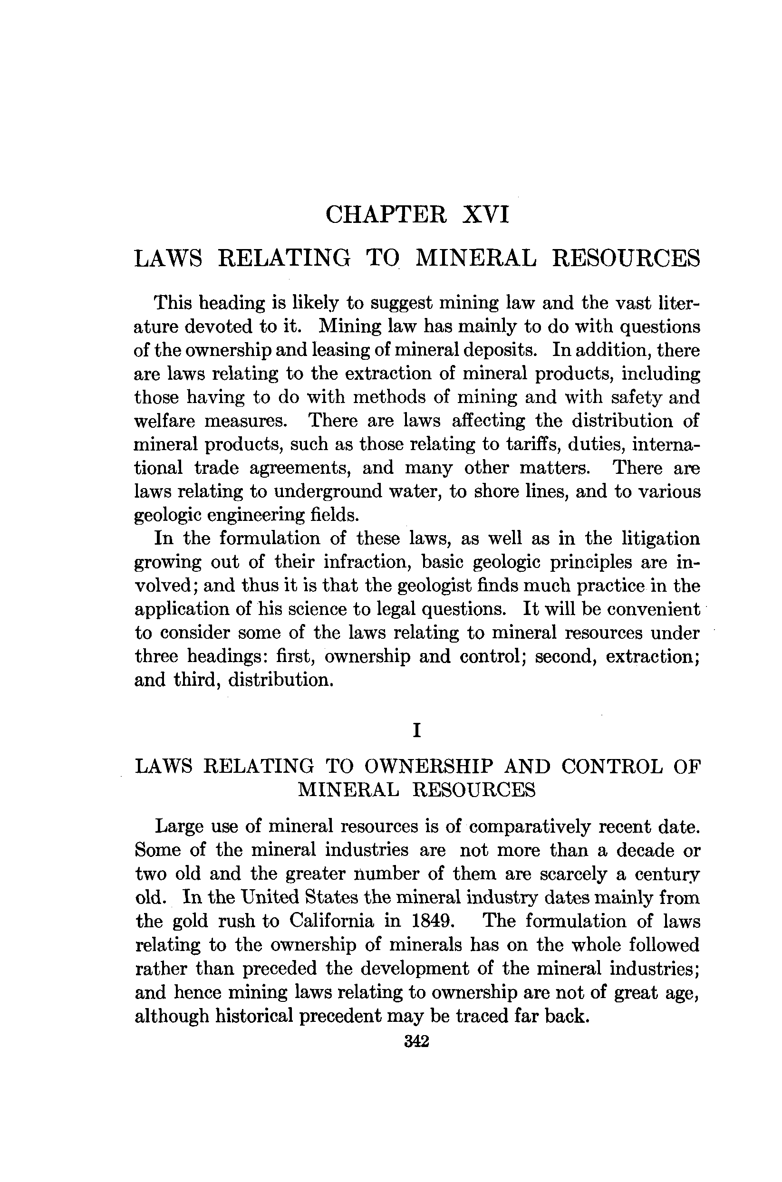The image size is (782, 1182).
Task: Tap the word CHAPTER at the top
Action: click(x=386, y=215)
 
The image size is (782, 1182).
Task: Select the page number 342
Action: click(x=417, y=1041)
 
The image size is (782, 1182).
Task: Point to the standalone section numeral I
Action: click(x=417, y=731)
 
